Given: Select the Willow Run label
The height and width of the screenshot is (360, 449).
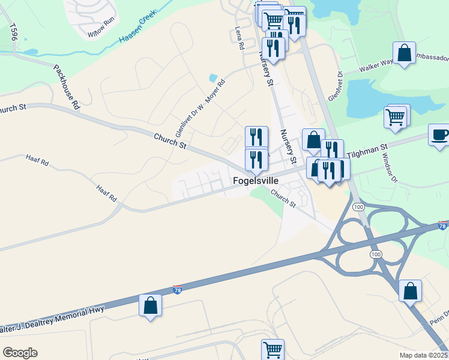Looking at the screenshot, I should tap(100, 35).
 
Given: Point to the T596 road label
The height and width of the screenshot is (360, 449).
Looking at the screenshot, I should tap(12, 32).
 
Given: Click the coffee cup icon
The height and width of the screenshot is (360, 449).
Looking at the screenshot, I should tap(439, 134).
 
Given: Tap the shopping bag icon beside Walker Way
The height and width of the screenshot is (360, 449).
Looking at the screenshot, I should tap(405, 52).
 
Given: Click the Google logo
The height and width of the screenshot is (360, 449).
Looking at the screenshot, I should tap(20, 353).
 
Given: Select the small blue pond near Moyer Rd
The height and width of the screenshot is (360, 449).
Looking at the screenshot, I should tap(212, 77).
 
